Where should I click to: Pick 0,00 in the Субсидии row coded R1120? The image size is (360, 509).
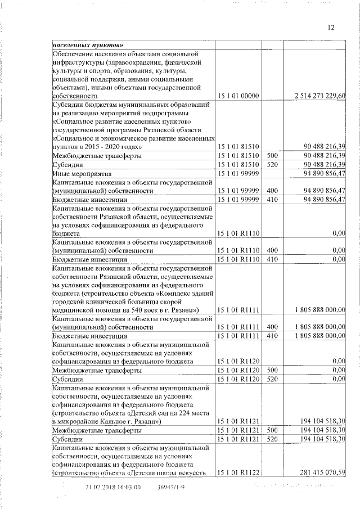[338, 380]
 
